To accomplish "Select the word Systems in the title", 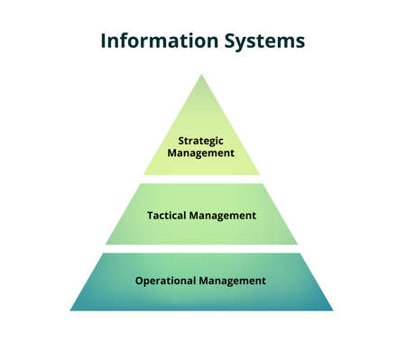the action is pos(263,42).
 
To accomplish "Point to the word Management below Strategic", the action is pos(201,152).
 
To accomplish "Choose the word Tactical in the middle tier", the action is pos(169,216).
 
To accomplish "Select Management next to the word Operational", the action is pos(234,281).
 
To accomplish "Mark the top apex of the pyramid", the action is pos(201,74).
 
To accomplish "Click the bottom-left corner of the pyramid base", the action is pos(70,310).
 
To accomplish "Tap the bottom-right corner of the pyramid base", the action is pos(333,310).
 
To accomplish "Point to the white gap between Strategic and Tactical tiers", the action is pos(201,179).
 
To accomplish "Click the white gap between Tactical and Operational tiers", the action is pos(201,248).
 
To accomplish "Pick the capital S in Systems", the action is pos(227,42).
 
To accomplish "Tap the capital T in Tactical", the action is pos(149,216).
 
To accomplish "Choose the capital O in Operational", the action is pos(139,281).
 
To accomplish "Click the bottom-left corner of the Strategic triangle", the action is pos(143,174).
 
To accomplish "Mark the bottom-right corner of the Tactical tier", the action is pos(298,244).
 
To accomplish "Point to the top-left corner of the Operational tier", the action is pos(101,254).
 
